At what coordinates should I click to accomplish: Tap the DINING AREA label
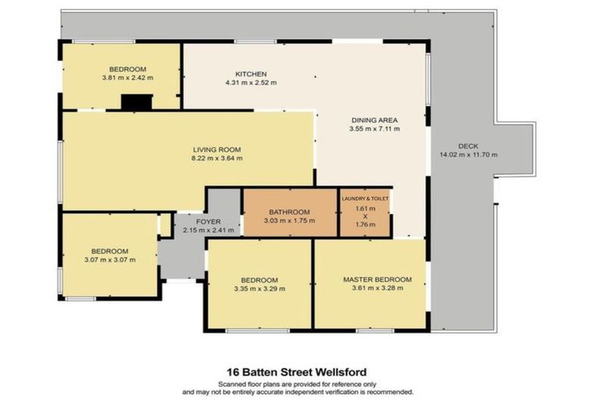[x=374, y=120]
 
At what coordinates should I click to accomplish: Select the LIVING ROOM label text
[x=217, y=149]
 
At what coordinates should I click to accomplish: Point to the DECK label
[x=469, y=145]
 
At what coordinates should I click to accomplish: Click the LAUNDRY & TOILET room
[x=365, y=212]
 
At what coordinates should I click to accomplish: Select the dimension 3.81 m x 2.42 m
[x=127, y=77]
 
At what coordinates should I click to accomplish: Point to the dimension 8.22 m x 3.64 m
[x=217, y=159]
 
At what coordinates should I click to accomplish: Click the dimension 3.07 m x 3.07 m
[x=110, y=260]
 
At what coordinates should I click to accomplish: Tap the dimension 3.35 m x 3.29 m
[x=259, y=289]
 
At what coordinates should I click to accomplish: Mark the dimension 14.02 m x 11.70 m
[x=469, y=155]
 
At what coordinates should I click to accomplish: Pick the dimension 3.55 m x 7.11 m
[x=374, y=129]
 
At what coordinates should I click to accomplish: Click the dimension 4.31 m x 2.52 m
[x=251, y=83]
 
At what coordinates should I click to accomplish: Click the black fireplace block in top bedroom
[x=136, y=102]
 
